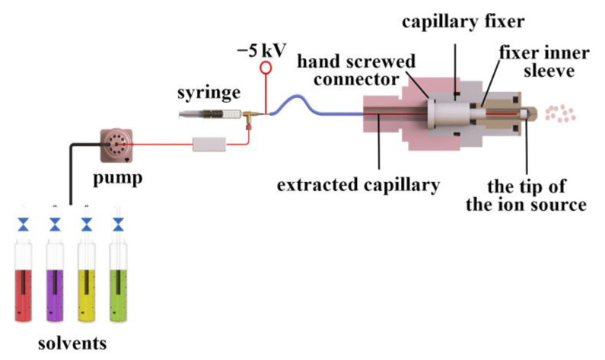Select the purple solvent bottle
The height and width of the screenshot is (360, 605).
(56, 289)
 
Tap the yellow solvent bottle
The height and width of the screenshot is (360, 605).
(87, 289)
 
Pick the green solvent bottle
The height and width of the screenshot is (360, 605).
(118, 289)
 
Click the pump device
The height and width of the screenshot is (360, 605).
(116, 142)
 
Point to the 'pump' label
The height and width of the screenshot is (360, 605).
(116, 179)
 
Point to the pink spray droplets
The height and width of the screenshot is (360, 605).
(562, 113)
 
